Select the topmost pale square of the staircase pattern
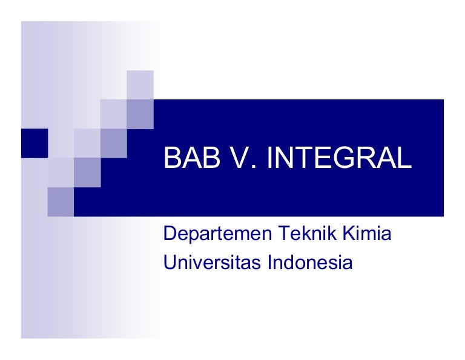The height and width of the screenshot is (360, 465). (140, 84)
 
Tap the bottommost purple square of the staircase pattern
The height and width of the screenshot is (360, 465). (61, 202)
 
